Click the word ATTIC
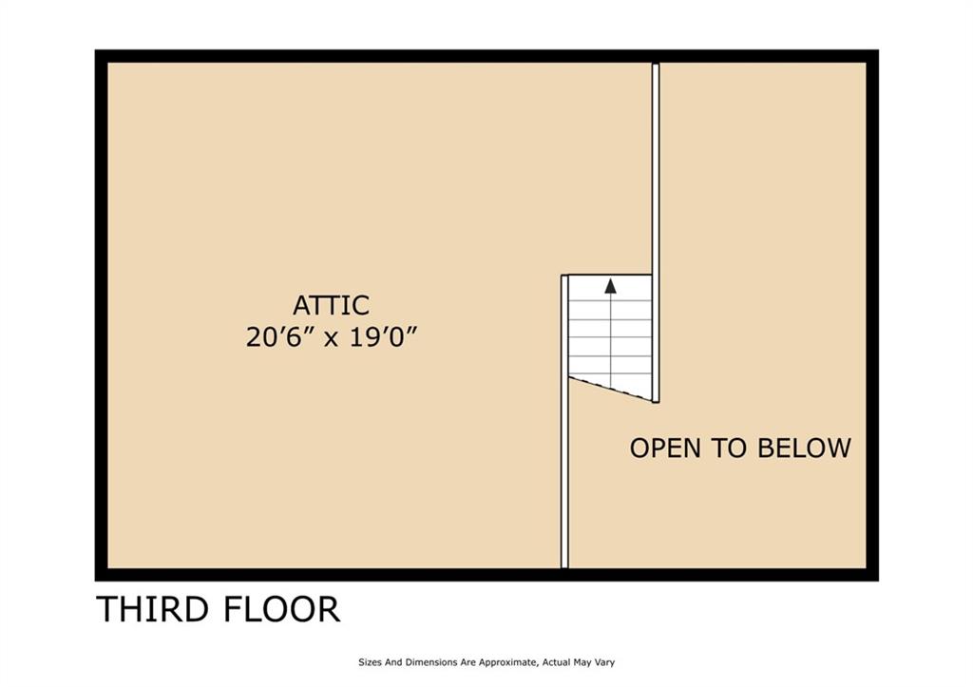pyautogui.click(x=331, y=306)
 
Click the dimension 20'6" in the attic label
pyautogui.click(x=279, y=337)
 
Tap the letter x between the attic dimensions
pyautogui.click(x=331, y=339)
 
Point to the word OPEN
pyautogui.click(x=666, y=448)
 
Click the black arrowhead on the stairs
pyautogui.click(x=610, y=284)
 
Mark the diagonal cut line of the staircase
pyautogui.click(x=610, y=388)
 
